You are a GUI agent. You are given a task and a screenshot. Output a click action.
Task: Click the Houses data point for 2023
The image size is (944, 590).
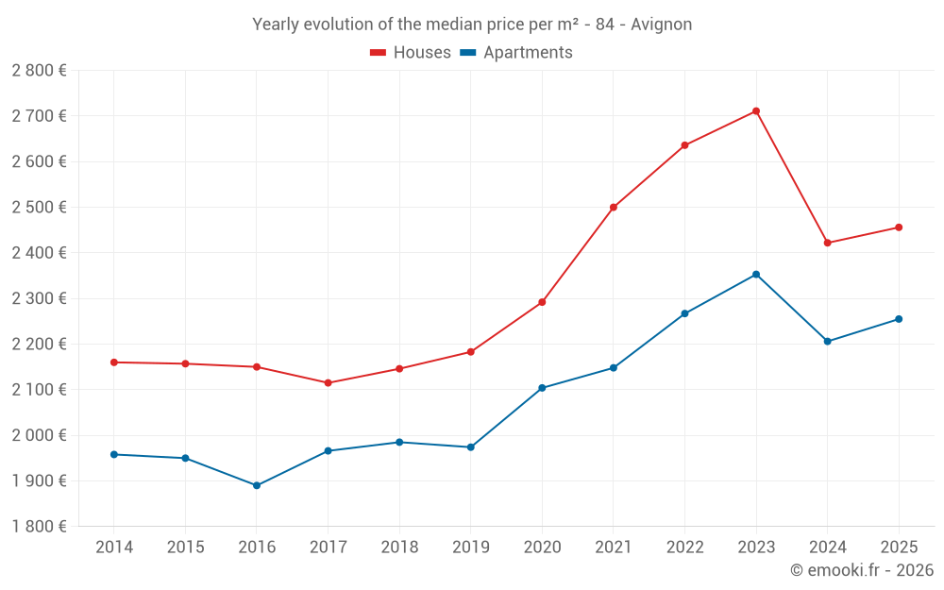point(756,111)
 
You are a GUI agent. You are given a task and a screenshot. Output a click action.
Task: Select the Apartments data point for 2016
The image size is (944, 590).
point(257,485)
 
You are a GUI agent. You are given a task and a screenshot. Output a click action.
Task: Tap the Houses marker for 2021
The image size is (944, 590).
point(614,207)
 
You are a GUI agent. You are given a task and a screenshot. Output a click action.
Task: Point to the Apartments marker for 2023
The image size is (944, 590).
point(756,275)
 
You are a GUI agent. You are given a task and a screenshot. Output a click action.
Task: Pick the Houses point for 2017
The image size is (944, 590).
point(328,382)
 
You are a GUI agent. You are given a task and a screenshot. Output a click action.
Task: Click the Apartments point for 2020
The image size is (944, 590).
point(542,388)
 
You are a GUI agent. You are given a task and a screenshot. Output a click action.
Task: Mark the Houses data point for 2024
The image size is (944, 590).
point(828,243)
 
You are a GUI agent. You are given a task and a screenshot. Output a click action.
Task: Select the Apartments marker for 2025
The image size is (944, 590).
point(899,319)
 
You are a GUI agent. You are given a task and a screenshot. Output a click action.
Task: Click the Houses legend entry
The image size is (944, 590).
point(411,53)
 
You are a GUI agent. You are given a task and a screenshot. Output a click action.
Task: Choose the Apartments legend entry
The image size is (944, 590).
point(516,53)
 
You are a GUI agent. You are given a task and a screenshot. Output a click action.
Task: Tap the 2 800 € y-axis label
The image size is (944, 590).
point(39,71)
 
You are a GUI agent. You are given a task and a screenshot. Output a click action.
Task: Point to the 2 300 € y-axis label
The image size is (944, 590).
point(39,298)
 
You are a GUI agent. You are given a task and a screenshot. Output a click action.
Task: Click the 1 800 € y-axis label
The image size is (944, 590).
point(39,527)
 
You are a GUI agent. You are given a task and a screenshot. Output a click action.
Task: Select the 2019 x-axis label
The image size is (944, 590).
point(470,548)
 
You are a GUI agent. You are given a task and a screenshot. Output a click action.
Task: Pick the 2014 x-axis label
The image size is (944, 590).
point(114,548)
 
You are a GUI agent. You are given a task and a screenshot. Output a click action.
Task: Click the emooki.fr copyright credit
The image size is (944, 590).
point(862,570)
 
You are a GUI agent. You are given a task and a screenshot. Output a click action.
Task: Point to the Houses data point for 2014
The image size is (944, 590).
point(114,362)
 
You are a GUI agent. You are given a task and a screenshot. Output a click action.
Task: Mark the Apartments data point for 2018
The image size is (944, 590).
point(399,442)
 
